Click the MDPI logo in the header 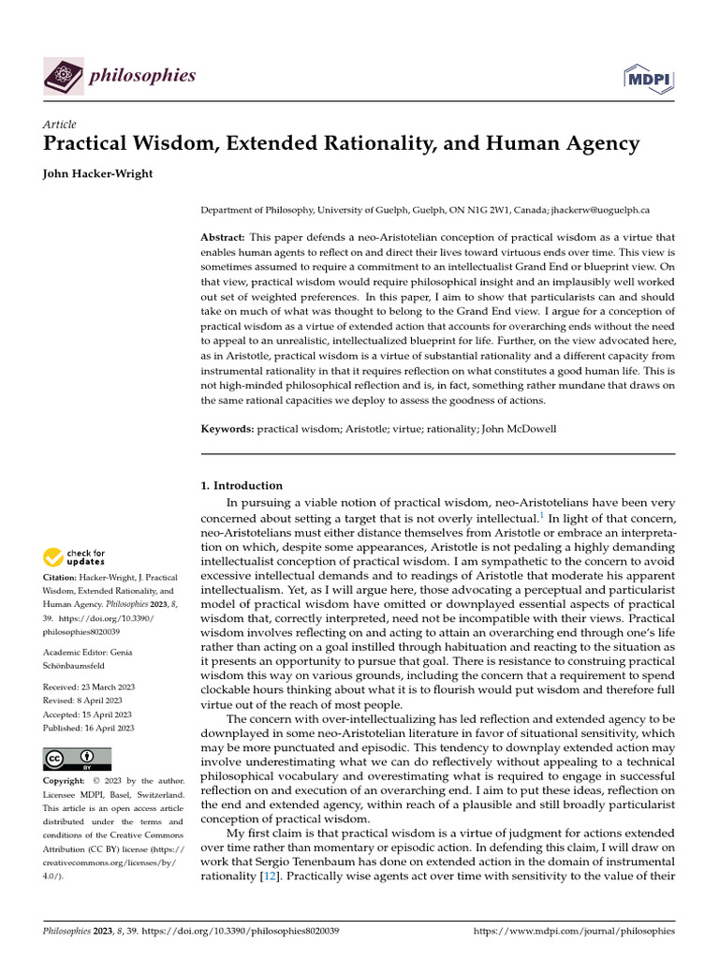pyautogui.click(x=648, y=77)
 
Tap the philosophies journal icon pyautogui.click(x=64, y=75)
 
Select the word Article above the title pyautogui.click(x=60, y=125)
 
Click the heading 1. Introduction pyautogui.click(x=242, y=486)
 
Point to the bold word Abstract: pyautogui.click(x=225, y=239)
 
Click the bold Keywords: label pyautogui.click(x=228, y=428)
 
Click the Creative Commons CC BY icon pyautogui.click(x=77, y=759)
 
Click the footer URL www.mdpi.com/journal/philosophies pyautogui.click(x=574, y=932)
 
